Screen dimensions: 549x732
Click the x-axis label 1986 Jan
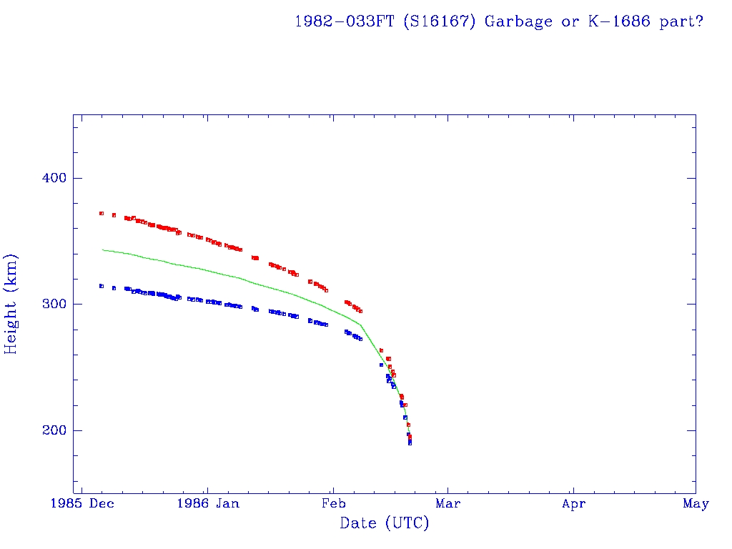[x=207, y=504]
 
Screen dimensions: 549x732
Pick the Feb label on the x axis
[x=333, y=504]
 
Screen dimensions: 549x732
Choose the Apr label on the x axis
[x=573, y=504]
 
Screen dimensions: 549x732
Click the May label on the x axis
[x=696, y=504]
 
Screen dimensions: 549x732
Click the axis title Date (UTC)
[x=385, y=524]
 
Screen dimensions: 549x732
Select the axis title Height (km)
[x=11, y=304]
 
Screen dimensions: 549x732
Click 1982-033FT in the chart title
[x=345, y=21]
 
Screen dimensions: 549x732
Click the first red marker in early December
[x=102, y=213]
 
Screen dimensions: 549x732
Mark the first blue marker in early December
[x=102, y=286]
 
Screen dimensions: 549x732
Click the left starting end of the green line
[x=103, y=249]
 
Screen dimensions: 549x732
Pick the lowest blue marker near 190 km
[x=410, y=443]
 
